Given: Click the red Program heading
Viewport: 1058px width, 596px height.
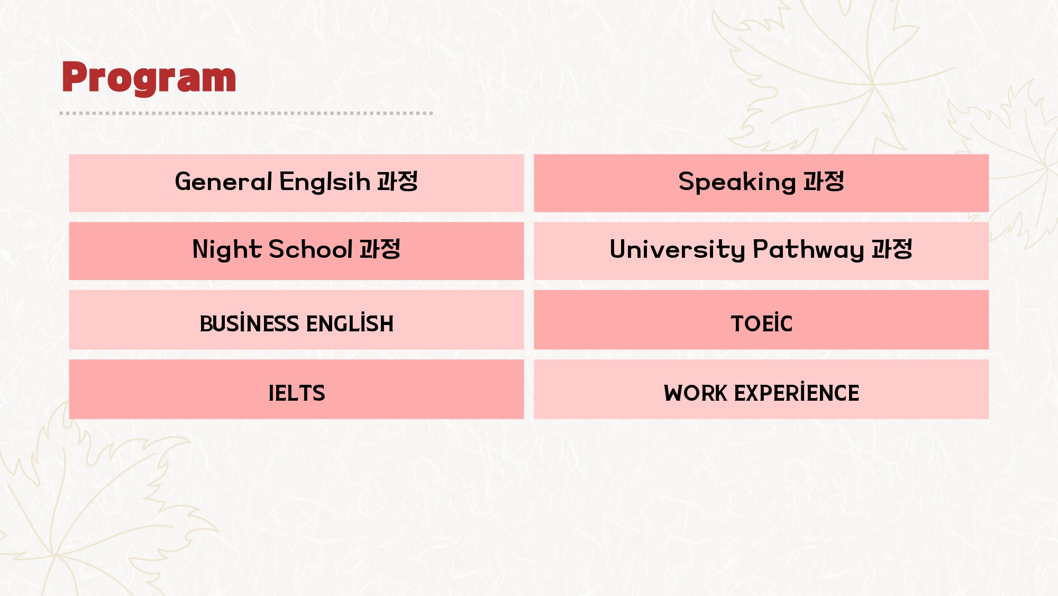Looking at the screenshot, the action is click(149, 78).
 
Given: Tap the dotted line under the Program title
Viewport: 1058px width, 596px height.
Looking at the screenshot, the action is click(246, 113).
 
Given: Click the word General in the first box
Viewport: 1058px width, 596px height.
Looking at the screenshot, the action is click(224, 182).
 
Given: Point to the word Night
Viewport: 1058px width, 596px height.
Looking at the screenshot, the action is click(227, 250).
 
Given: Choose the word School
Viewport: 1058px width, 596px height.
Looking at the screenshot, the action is click(311, 249).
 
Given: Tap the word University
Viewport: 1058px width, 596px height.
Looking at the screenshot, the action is click(678, 250).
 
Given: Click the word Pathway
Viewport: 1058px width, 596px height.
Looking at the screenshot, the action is click(808, 250).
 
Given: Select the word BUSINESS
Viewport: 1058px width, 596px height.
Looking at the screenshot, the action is click(250, 323).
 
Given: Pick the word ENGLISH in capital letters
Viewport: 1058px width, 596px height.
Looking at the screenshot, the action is click(350, 323).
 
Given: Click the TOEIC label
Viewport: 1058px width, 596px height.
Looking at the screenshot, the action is click(762, 323).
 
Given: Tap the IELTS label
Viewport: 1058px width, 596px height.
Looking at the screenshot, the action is click(297, 393).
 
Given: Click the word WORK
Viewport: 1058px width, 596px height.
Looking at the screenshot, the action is click(696, 393).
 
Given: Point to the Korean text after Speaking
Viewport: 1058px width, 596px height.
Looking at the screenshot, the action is click(824, 182).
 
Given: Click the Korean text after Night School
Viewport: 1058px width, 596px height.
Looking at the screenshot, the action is click(380, 249).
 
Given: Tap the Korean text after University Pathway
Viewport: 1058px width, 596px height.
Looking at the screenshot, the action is click(892, 249).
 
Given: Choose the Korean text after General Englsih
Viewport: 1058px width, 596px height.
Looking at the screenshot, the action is click(397, 182).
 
